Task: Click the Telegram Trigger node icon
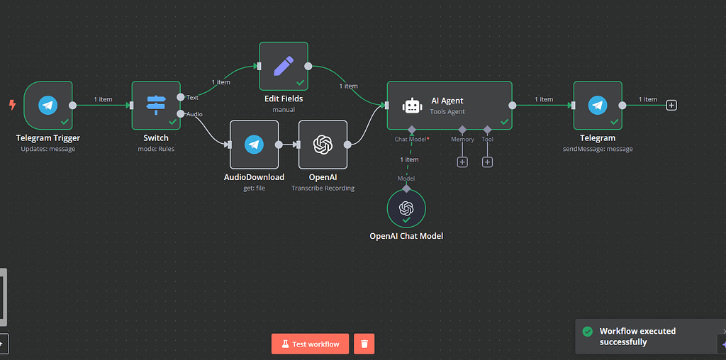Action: pos(48,106)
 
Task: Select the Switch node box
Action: pos(156,106)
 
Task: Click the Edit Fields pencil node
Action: pos(284,66)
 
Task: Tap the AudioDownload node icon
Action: pos(254,145)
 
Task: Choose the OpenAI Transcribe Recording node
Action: pos(323,145)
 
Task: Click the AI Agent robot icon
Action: pos(412,106)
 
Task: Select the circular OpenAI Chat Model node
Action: pos(406,208)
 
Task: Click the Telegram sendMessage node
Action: pos(598,106)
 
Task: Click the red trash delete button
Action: pos(364,344)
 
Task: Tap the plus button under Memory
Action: pos(462,162)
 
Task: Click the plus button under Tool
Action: pos(487,162)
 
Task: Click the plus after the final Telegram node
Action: pos(671,106)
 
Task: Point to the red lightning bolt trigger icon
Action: pos(12,105)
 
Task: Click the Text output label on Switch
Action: pos(192,97)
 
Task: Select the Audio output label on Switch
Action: pos(194,113)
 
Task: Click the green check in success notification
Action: pos(587,332)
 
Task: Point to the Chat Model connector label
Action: pos(411,140)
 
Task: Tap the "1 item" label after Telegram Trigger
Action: pos(103,99)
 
